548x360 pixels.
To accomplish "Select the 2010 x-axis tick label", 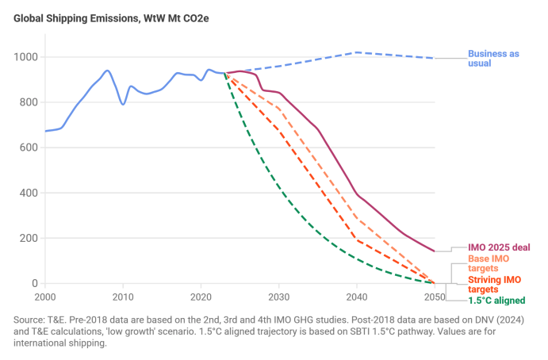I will [x=123, y=297].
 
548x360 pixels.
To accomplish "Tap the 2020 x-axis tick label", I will [x=201, y=297].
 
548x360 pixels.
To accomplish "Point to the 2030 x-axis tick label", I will [x=278, y=297].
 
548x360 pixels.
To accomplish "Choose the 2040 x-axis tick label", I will [x=357, y=297].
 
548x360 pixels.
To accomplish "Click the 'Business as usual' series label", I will [x=493, y=59].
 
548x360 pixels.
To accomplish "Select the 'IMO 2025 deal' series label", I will [x=499, y=248].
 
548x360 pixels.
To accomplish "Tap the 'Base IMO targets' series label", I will [x=489, y=264].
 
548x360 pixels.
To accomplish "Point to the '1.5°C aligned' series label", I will [x=497, y=301].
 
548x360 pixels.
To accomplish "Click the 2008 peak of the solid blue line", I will [x=108, y=71].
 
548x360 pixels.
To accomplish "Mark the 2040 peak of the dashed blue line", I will [x=357, y=52].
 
